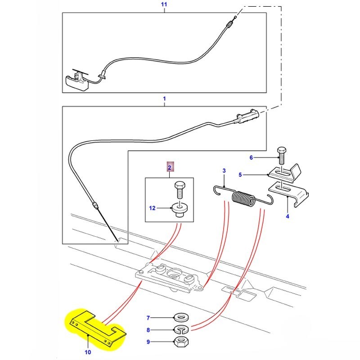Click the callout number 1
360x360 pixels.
164,98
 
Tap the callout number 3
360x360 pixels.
223,171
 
